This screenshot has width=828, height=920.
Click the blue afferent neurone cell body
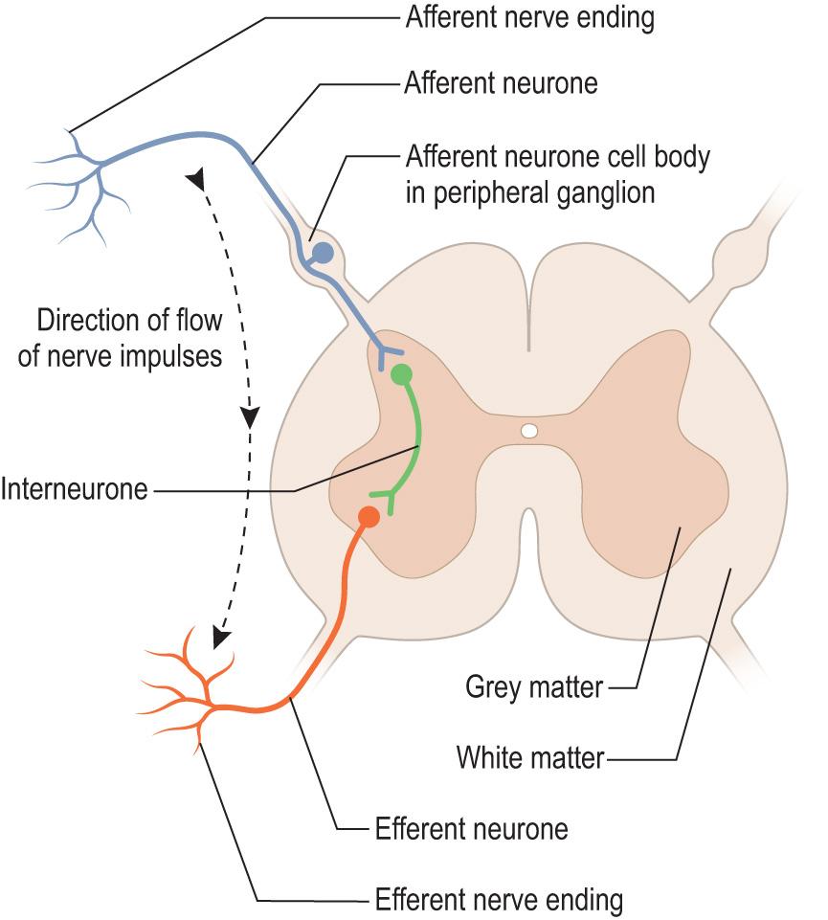pyautogui.click(x=324, y=254)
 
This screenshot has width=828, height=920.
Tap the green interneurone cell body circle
pyautogui.click(x=402, y=373)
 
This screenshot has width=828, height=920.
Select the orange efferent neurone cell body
pyautogui.click(x=368, y=517)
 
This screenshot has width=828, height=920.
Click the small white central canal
pyautogui.click(x=529, y=432)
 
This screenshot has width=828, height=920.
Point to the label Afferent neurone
pyautogui.click(x=501, y=83)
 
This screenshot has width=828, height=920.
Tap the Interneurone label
pyautogui.click(x=74, y=490)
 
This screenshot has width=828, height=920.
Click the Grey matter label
pyautogui.click(x=534, y=686)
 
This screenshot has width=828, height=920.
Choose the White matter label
pyautogui.click(x=530, y=758)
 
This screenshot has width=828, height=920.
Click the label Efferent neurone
pyautogui.click(x=472, y=827)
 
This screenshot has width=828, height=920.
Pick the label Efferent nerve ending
pyautogui.click(x=499, y=900)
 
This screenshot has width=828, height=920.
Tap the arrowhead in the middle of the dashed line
pyautogui.click(x=250, y=417)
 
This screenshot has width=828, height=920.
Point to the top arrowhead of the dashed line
pyautogui.click(x=196, y=179)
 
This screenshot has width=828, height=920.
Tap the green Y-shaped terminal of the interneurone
pyautogui.click(x=387, y=496)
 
